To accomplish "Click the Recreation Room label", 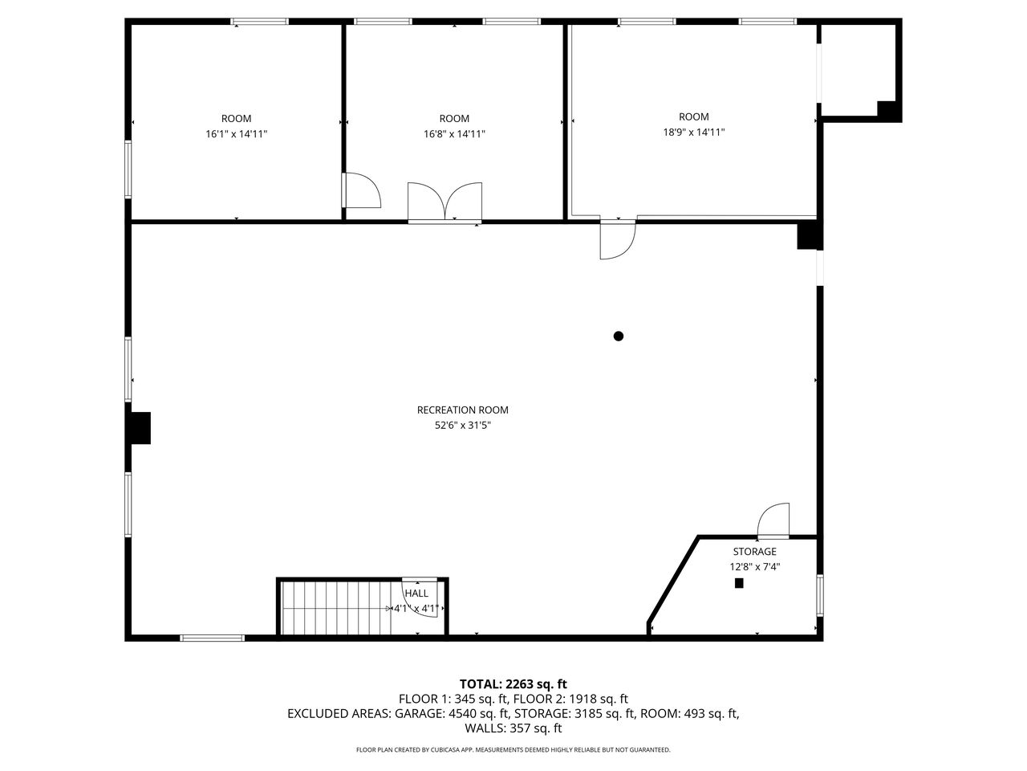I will pyautogui.click(x=462, y=410).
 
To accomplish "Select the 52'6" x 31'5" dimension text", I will pyautogui.click(x=462, y=426).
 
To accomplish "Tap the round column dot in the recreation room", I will pyautogui.click(x=619, y=337).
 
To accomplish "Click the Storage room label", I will pyautogui.click(x=754, y=552).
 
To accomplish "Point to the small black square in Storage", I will pyautogui.click(x=739, y=584).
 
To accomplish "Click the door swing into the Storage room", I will pyautogui.click(x=774, y=520).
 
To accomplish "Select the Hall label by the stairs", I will pyautogui.click(x=416, y=594).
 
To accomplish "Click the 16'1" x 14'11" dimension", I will pyautogui.click(x=236, y=134).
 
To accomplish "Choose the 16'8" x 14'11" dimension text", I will pyautogui.click(x=454, y=134).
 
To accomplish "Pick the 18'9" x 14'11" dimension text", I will pyautogui.click(x=693, y=133).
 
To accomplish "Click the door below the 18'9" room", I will pyautogui.click(x=617, y=240).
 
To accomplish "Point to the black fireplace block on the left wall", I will pyautogui.click(x=140, y=427).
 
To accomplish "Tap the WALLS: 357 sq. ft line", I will pyautogui.click(x=513, y=728).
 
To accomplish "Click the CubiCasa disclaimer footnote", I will pyautogui.click(x=513, y=750).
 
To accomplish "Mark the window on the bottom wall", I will pyautogui.click(x=212, y=638).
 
